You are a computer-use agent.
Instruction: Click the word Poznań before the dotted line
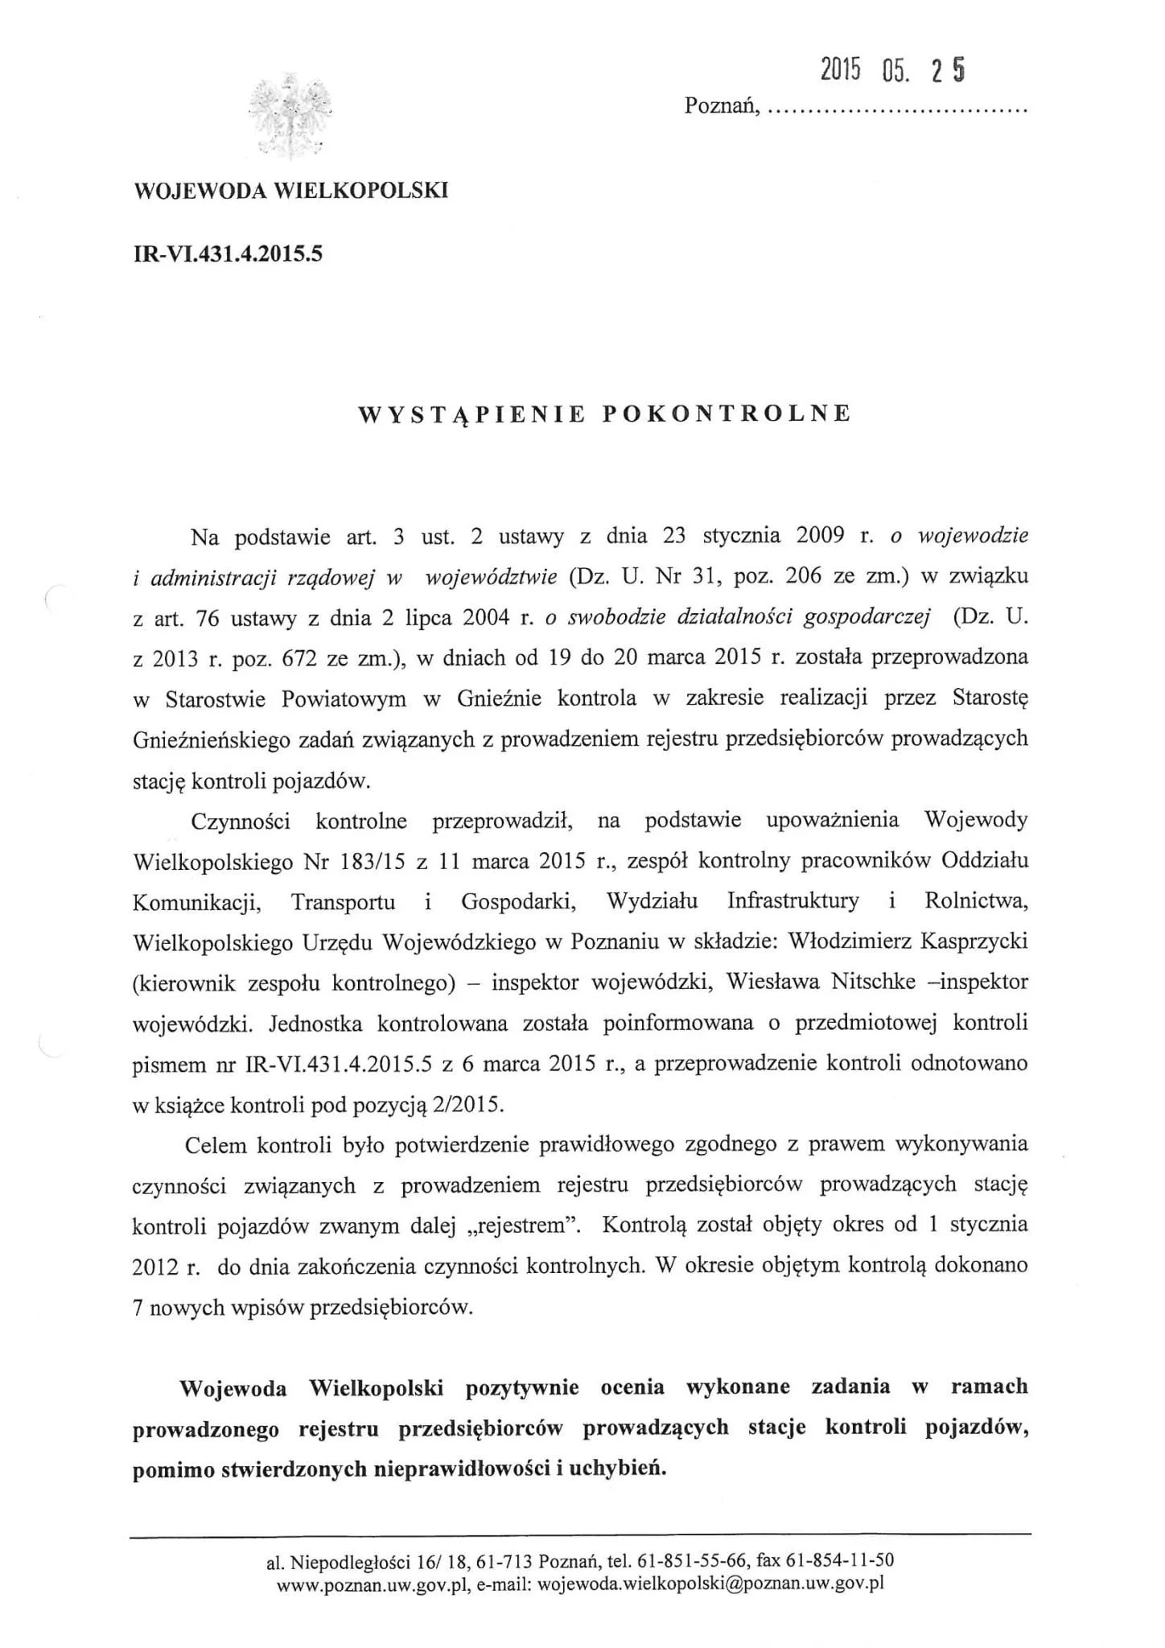pyautogui.click(x=721, y=105)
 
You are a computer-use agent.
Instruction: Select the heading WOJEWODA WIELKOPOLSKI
pyautogui.click(x=290, y=191)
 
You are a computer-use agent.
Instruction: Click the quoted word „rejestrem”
pyautogui.click(x=525, y=1226)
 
